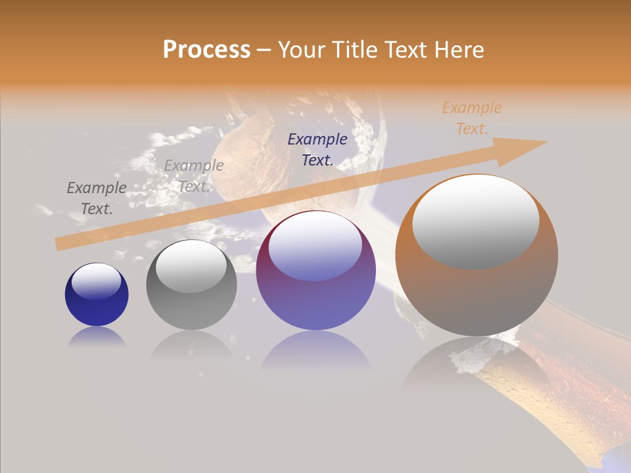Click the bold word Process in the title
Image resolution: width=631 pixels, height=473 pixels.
click(206, 50)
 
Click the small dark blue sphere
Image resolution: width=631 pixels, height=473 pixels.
click(97, 295)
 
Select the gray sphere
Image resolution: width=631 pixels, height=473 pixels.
click(191, 285)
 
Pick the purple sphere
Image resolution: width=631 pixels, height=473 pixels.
click(316, 271)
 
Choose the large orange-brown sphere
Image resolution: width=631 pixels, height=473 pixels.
click(477, 256)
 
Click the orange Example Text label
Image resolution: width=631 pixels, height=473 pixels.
click(471, 118)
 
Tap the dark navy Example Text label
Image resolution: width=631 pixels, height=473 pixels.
click(317, 149)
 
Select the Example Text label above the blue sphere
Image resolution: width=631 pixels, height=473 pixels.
click(97, 198)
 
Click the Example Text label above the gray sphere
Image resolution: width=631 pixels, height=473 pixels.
click(194, 175)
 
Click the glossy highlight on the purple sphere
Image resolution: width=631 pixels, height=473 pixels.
click(315, 246)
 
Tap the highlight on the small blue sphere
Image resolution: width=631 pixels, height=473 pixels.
click(96, 281)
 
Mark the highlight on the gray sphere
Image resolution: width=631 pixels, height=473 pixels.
click(191, 266)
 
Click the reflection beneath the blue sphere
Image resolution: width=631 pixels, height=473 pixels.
click(97, 338)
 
